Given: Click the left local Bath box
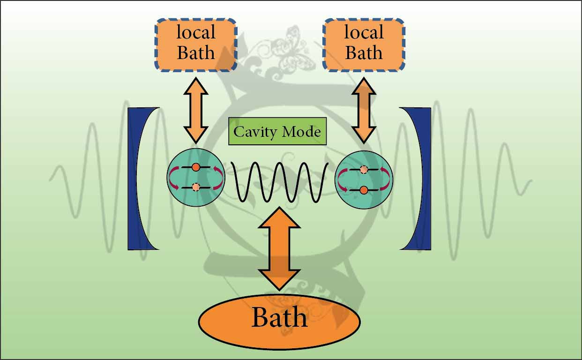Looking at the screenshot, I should (x=196, y=45).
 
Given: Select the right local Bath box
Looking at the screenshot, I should (x=364, y=45).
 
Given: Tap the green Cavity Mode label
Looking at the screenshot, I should (x=277, y=131).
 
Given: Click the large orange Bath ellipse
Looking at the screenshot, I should (x=279, y=321).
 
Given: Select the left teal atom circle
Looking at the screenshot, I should (x=196, y=178).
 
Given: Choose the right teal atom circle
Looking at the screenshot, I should (x=364, y=179).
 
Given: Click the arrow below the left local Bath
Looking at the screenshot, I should (x=195, y=110).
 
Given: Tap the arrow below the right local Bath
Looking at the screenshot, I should (x=364, y=110).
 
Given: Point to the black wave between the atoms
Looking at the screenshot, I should (x=280, y=182).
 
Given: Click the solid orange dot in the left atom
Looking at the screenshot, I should (x=196, y=167).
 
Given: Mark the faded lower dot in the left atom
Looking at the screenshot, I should (x=196, y=187).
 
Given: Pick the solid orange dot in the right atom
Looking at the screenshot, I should (x=364, y=190).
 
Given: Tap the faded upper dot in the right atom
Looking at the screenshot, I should (x=364, y=170).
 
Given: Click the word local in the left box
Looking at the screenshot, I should (x=196, y=33).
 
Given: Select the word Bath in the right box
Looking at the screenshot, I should (x=364, y=52).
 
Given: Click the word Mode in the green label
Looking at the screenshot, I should (x=302, y=132).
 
